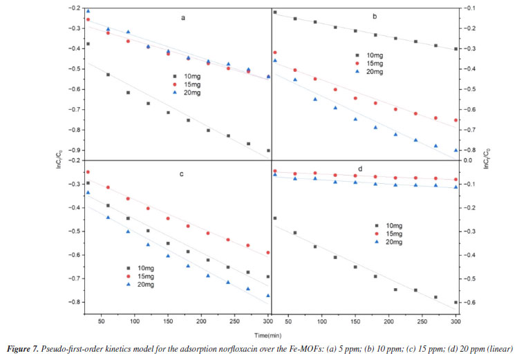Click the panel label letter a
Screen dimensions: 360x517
[183, 19]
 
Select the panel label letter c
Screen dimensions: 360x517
[181, 174]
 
